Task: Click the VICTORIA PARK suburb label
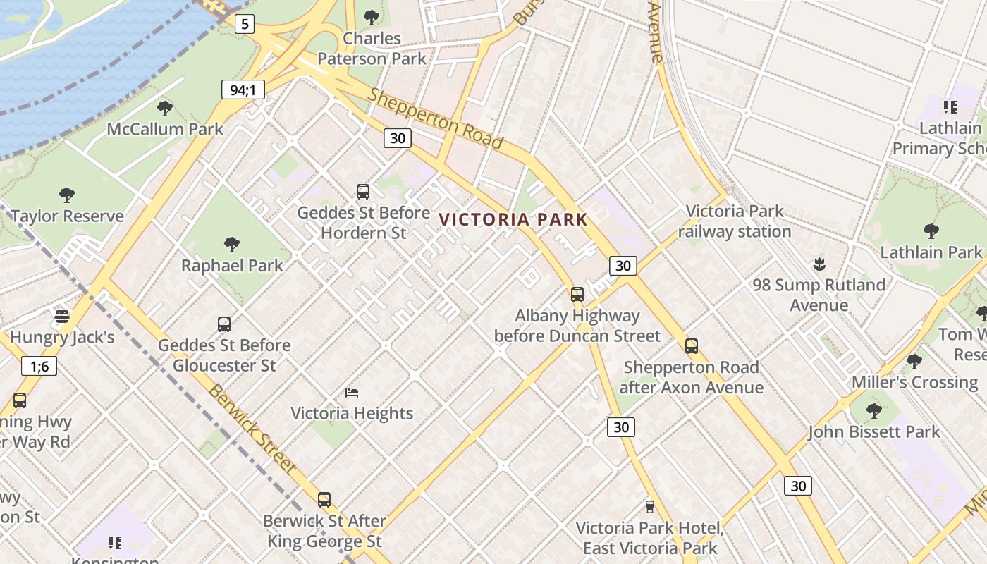click(513, 219)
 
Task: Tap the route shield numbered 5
click(244, 25)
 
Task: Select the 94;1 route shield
click(243, 90)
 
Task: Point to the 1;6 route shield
click(39, 366)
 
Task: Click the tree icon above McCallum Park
click(165, 109)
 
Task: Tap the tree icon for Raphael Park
click(231, 245)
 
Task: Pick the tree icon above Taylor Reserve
click(67, 195)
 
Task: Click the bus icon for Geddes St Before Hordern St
click(363, 192)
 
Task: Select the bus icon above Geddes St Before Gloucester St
click(224, 324)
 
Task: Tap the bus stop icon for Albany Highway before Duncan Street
click(577, 295)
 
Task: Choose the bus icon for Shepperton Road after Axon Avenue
click(692, 346)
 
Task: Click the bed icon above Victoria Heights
click(352, 393)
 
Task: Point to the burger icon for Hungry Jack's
click(62, 317)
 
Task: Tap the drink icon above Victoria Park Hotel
click(650, 507)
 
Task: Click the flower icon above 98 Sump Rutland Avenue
click(819, 264)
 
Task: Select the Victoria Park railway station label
click(735, 221)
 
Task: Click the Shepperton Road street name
click(435, 118)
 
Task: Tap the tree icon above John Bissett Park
click(874, 411)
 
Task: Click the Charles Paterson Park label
click(372, 48)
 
